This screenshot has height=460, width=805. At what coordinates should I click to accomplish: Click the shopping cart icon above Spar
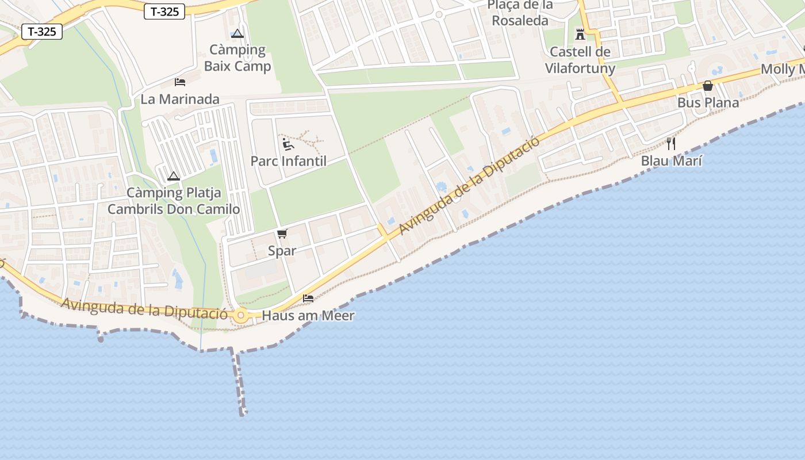coord(282,233)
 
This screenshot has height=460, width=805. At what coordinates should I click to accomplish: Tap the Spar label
coord(282,251)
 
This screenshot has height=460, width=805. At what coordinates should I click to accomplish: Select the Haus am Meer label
coord(308,316)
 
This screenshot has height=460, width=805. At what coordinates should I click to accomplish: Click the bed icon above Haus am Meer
coord(308,298)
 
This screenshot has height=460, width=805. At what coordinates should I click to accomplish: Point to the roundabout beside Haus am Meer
coord(240,315)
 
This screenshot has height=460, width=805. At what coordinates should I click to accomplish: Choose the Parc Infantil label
coord(288,161)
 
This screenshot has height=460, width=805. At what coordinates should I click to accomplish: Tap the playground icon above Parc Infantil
coord(288,144)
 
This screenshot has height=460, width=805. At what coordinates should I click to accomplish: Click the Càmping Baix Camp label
coord(237,58)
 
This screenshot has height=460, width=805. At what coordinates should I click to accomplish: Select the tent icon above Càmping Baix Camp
coord(237,33)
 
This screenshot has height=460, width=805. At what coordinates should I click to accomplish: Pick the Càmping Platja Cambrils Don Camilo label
coord(174,201)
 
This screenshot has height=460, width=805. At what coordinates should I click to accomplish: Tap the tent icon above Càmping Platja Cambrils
coord(174,176)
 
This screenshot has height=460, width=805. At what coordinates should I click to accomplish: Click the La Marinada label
coord(180,99)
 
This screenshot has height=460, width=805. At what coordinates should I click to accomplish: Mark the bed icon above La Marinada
coord(180,82)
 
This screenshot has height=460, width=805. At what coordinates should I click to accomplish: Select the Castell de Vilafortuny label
coord(580,60)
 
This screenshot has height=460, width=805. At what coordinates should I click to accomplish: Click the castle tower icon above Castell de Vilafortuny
coord(580,35)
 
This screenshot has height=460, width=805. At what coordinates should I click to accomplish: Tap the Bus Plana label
coord(708,103)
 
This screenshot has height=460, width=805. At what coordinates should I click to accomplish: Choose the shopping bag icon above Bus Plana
coord(708,86)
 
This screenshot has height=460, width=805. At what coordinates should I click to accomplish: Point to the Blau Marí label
coord(672,161)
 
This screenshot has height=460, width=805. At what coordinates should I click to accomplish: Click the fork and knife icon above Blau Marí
coord(671,144)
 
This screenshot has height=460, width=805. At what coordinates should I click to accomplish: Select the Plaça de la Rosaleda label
coord(520,13)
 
